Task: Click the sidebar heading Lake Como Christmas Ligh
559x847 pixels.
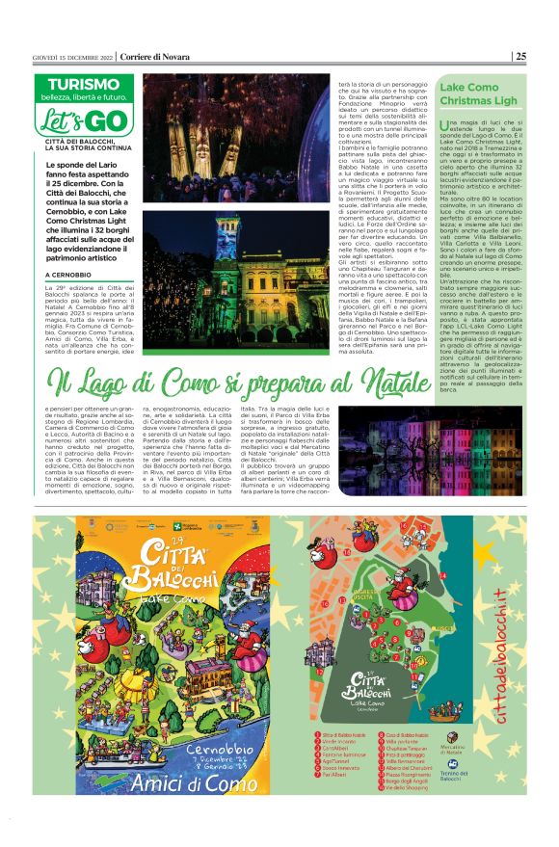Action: (478, 93)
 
